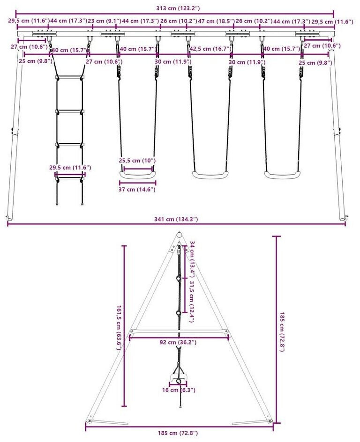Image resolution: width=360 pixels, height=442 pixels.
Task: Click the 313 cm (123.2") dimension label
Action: pos(175,8)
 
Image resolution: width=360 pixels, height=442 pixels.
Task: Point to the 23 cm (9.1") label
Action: pos(104,21)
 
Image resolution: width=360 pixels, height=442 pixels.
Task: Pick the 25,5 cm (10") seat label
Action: pos(137,161)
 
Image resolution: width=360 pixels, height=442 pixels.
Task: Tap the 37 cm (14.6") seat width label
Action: pos(137,190)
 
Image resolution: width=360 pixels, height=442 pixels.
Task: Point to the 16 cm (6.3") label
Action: pos(179,390)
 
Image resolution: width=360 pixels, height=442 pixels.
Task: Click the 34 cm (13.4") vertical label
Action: pos(192,260)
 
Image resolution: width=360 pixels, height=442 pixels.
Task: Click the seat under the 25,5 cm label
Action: pos(137,175)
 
